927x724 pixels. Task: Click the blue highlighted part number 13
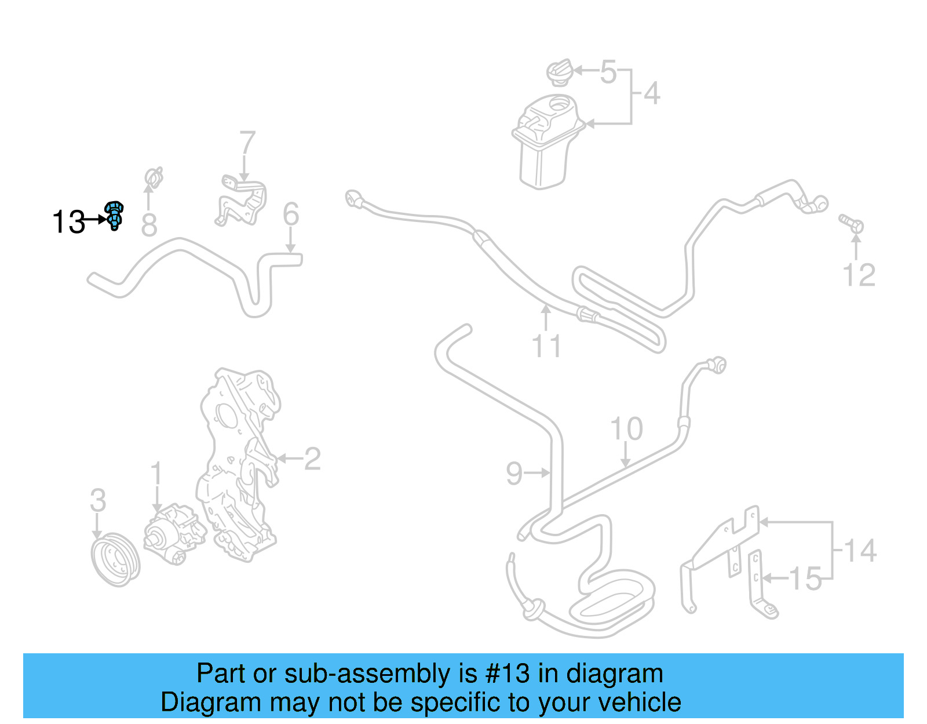pos(114,216)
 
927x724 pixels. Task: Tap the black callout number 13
pos(68,222)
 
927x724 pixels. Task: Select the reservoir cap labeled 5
pos(560,72)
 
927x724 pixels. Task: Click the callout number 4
pos(652,93)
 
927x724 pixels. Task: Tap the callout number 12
pos(859,275)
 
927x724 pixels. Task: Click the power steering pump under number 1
pos(174,533)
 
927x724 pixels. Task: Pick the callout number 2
pos(312,459)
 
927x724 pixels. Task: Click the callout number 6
pos(291,214)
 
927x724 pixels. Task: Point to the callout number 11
pos(546,346)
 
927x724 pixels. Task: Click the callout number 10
pos(626,429)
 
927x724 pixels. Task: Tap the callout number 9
pos(514,474)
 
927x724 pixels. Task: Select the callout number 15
pos(805,579)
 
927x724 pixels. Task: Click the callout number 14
pos(860,551)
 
